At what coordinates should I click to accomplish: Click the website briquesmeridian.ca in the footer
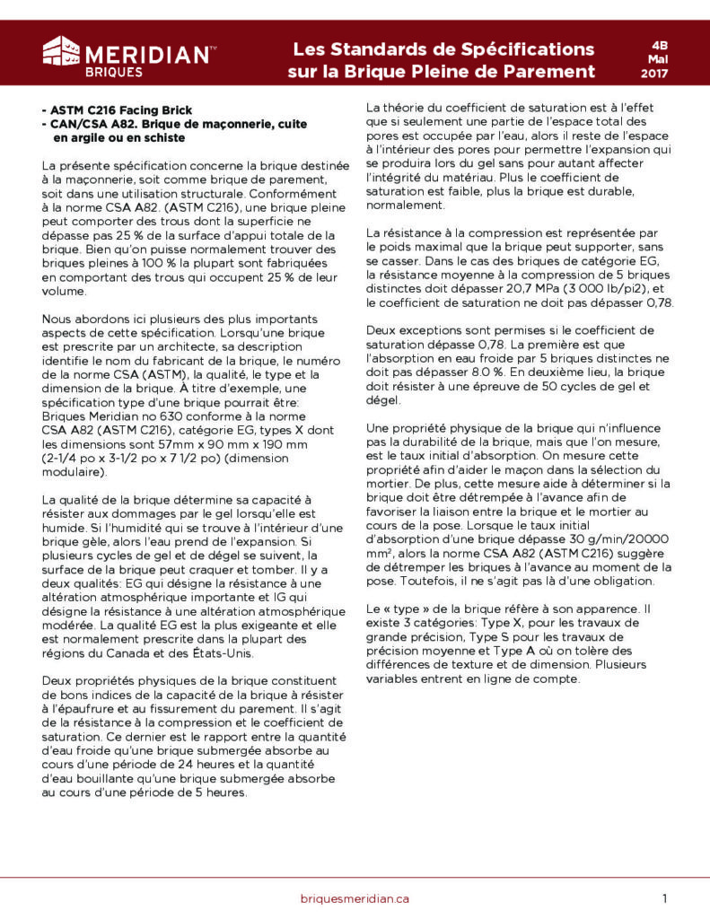(355, 898)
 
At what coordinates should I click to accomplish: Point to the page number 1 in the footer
(664, 898)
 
